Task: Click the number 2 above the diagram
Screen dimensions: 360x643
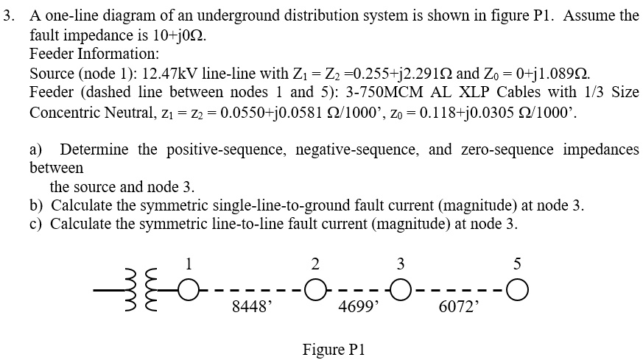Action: pyautogui.click(x=315, y=263)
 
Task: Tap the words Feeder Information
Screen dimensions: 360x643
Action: pyautogui.click(x=94, y=54)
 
